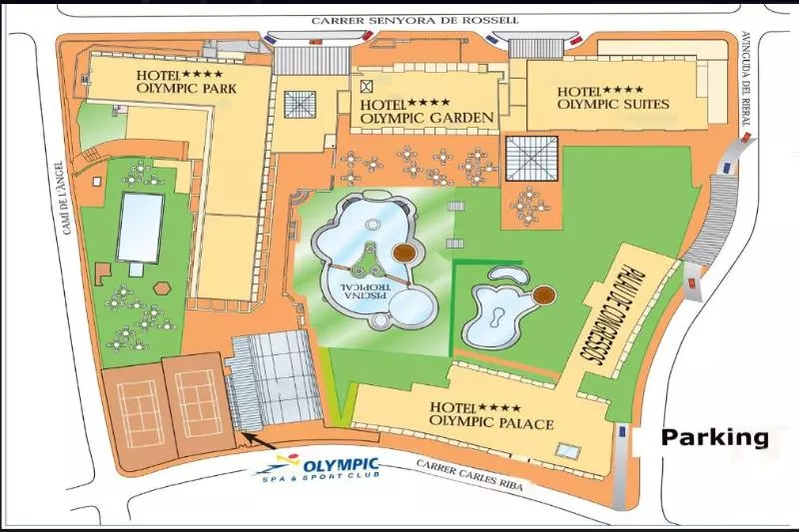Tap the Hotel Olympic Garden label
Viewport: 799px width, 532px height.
(x=427, y=111)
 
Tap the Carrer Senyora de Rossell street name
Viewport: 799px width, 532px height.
(x=399, y=19)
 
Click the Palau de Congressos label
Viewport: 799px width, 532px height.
(x=610, y=308)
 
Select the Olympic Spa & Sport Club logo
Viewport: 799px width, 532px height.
(x=329, y=466)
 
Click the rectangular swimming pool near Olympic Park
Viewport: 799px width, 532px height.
(x=140, y=227)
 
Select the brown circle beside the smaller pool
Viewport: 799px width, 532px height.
(x=544, y=294)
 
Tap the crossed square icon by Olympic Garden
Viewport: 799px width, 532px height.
(x=367, y=86)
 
